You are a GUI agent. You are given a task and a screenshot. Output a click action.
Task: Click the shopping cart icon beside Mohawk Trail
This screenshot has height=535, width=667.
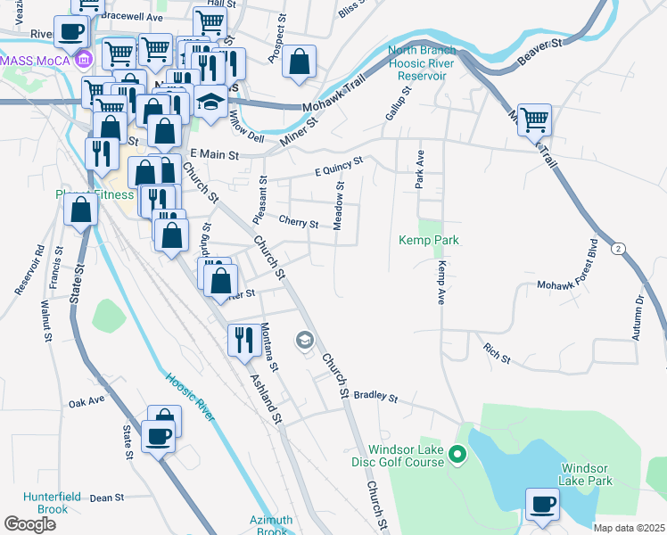tap(534, 119)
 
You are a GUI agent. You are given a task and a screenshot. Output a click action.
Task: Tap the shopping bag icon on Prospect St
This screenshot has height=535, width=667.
tap(301, 62)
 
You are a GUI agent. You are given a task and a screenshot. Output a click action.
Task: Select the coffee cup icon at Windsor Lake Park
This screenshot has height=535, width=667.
tap(542, 505)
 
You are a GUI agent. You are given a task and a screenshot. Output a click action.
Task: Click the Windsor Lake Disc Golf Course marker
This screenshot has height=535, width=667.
tap(457, 457)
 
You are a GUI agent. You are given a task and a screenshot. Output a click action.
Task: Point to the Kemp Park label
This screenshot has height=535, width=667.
tap(428, 241)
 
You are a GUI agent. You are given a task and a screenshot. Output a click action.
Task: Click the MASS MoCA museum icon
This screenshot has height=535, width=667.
tap(84, 60)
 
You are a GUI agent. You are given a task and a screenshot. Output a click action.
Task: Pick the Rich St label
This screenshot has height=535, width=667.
tap(496, 353)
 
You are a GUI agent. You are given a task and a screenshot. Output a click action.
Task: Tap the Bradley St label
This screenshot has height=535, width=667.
tap(374, 394)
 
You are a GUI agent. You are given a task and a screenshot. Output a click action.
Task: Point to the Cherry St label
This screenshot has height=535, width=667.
tap(299, 222)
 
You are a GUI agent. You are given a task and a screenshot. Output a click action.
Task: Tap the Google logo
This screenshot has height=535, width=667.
tap(30, 523)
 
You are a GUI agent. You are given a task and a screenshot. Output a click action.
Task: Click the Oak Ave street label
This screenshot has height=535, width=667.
tap(86, 403)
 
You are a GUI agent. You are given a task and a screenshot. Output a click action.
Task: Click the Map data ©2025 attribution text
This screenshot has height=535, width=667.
tap(629, 528)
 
